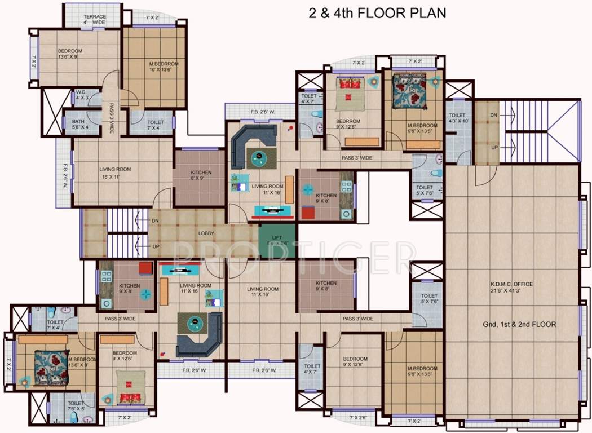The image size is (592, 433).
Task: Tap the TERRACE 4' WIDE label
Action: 95,20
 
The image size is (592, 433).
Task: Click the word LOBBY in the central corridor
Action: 205,233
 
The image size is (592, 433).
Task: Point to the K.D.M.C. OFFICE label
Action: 512,288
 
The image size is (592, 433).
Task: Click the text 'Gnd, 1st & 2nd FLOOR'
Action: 519,324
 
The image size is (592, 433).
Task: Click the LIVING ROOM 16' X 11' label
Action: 115,173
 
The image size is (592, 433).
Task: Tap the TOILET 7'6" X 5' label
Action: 76,407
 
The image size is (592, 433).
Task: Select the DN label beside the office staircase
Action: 494,115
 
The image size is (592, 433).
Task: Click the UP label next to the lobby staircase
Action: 156,247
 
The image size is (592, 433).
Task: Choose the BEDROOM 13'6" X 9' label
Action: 70,54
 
